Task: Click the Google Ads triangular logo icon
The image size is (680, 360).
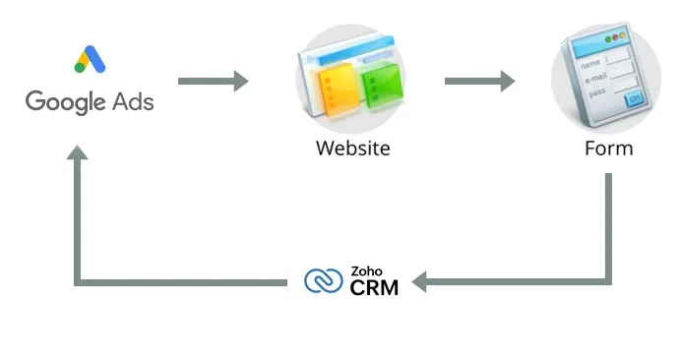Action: [89, 60]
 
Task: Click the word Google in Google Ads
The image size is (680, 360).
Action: [63, 101]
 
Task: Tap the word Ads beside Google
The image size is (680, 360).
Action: [133, 100]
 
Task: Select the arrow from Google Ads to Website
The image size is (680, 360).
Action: [213, 81]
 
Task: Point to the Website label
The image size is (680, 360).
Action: [352, 149]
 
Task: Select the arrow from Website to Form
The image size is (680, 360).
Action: [479, 81]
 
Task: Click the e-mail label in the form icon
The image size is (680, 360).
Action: [596, 78]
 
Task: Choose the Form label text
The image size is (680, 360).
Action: [607, 149]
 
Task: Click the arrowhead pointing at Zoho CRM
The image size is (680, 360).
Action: [419, 282]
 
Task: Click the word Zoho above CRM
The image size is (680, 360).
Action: [365, 271]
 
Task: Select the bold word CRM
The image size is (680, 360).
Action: [374, 288]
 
